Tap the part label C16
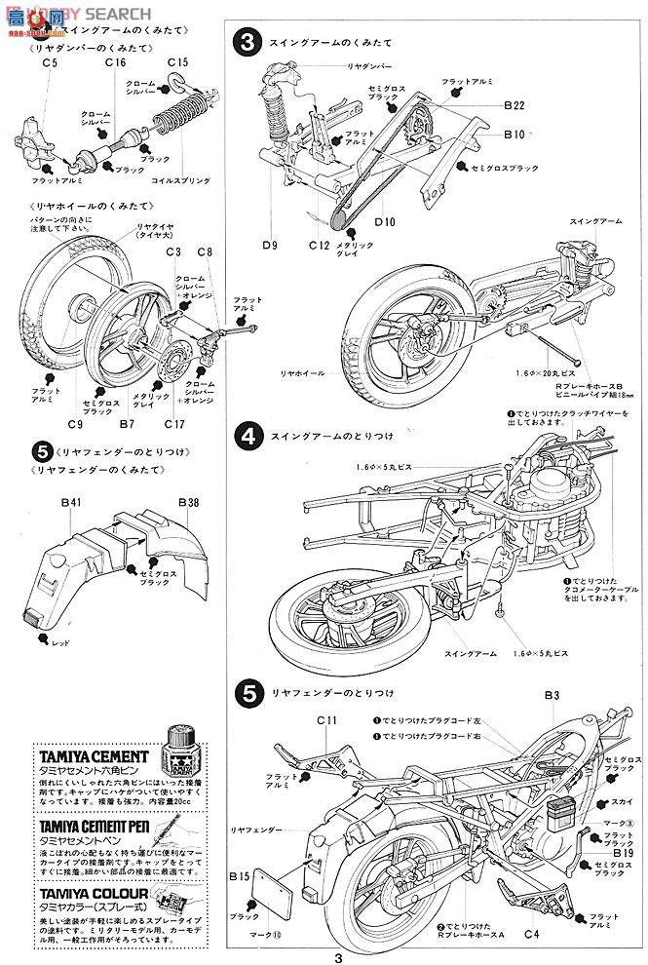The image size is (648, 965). [116, 63]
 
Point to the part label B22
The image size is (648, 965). [515, 105]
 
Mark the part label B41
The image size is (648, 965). [70, 503]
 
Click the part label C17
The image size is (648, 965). [174, 424]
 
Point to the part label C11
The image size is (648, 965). [326, 720]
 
